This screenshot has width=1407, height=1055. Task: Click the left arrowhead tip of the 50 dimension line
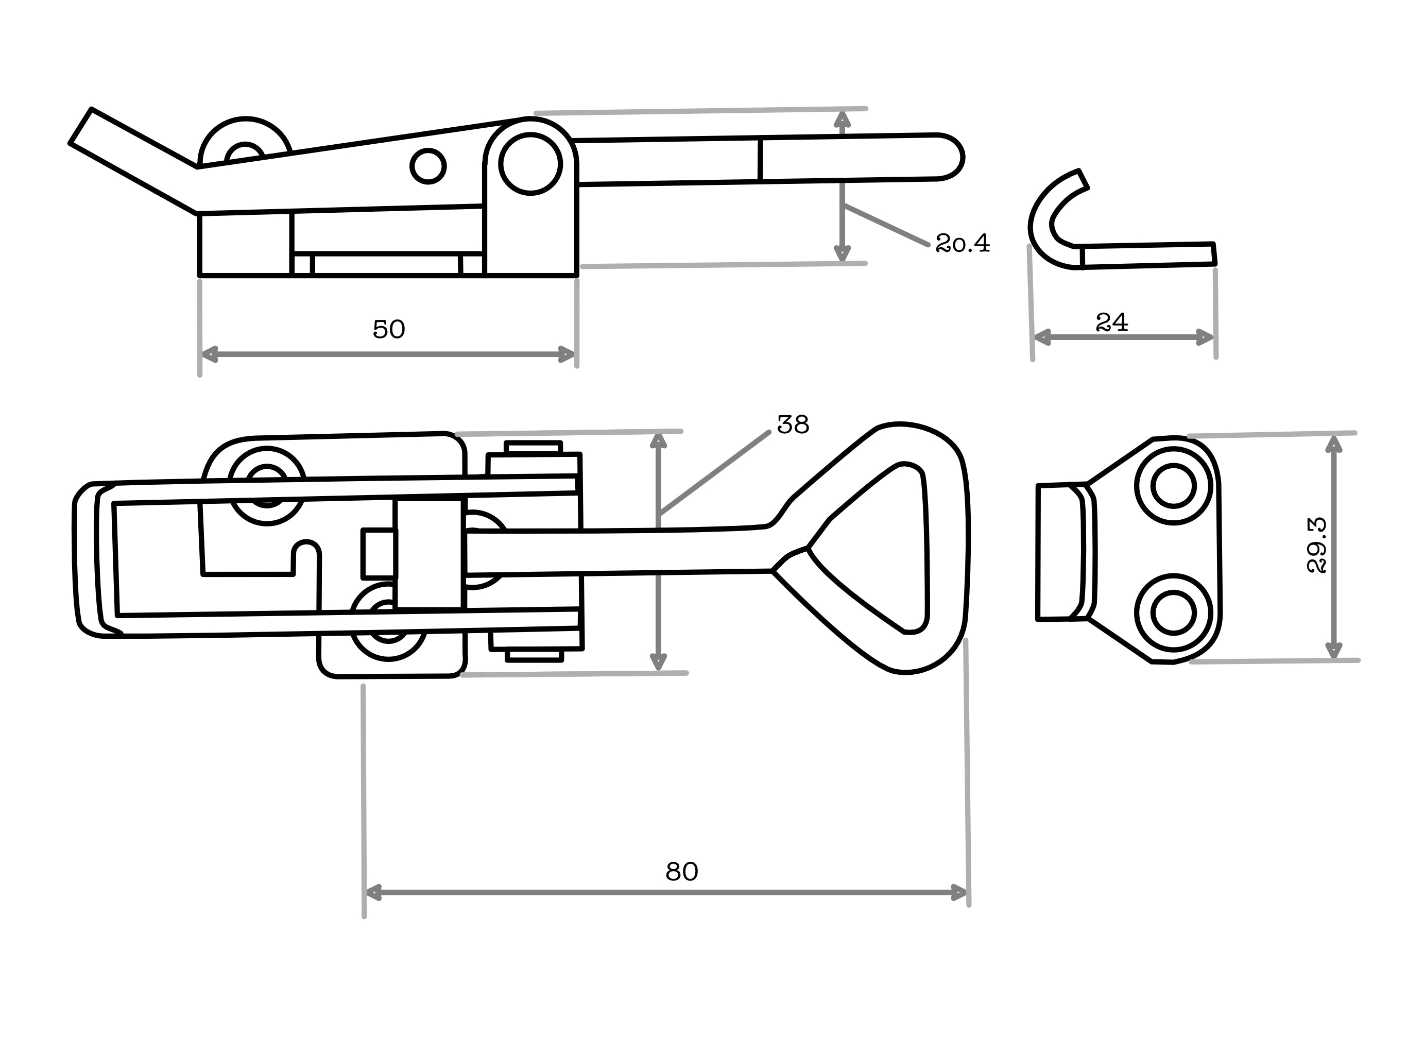(202, 354)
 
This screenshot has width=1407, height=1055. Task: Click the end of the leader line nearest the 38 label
(769, 432)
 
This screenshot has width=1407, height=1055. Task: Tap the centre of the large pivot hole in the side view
(530, 164)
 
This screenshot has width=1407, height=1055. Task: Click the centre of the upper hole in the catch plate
(1174, 486)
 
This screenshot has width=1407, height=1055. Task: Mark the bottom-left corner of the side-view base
(200, 276)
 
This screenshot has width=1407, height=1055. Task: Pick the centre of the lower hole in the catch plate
(1174, 613)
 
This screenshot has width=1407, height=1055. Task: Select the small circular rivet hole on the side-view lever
(428, 166)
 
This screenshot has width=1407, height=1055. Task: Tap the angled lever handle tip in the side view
(81, 126)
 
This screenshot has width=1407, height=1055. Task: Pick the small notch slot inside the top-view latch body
(306, 557)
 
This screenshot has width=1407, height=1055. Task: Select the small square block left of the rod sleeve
(379, 554)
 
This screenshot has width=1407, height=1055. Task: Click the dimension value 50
(389, 329)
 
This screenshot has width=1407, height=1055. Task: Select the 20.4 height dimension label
(963, 243)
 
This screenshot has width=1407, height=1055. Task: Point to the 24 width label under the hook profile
(1112, 322)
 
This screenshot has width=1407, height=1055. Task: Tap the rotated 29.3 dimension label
(1316, 546)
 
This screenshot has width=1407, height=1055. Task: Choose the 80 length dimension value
(682, 872)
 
